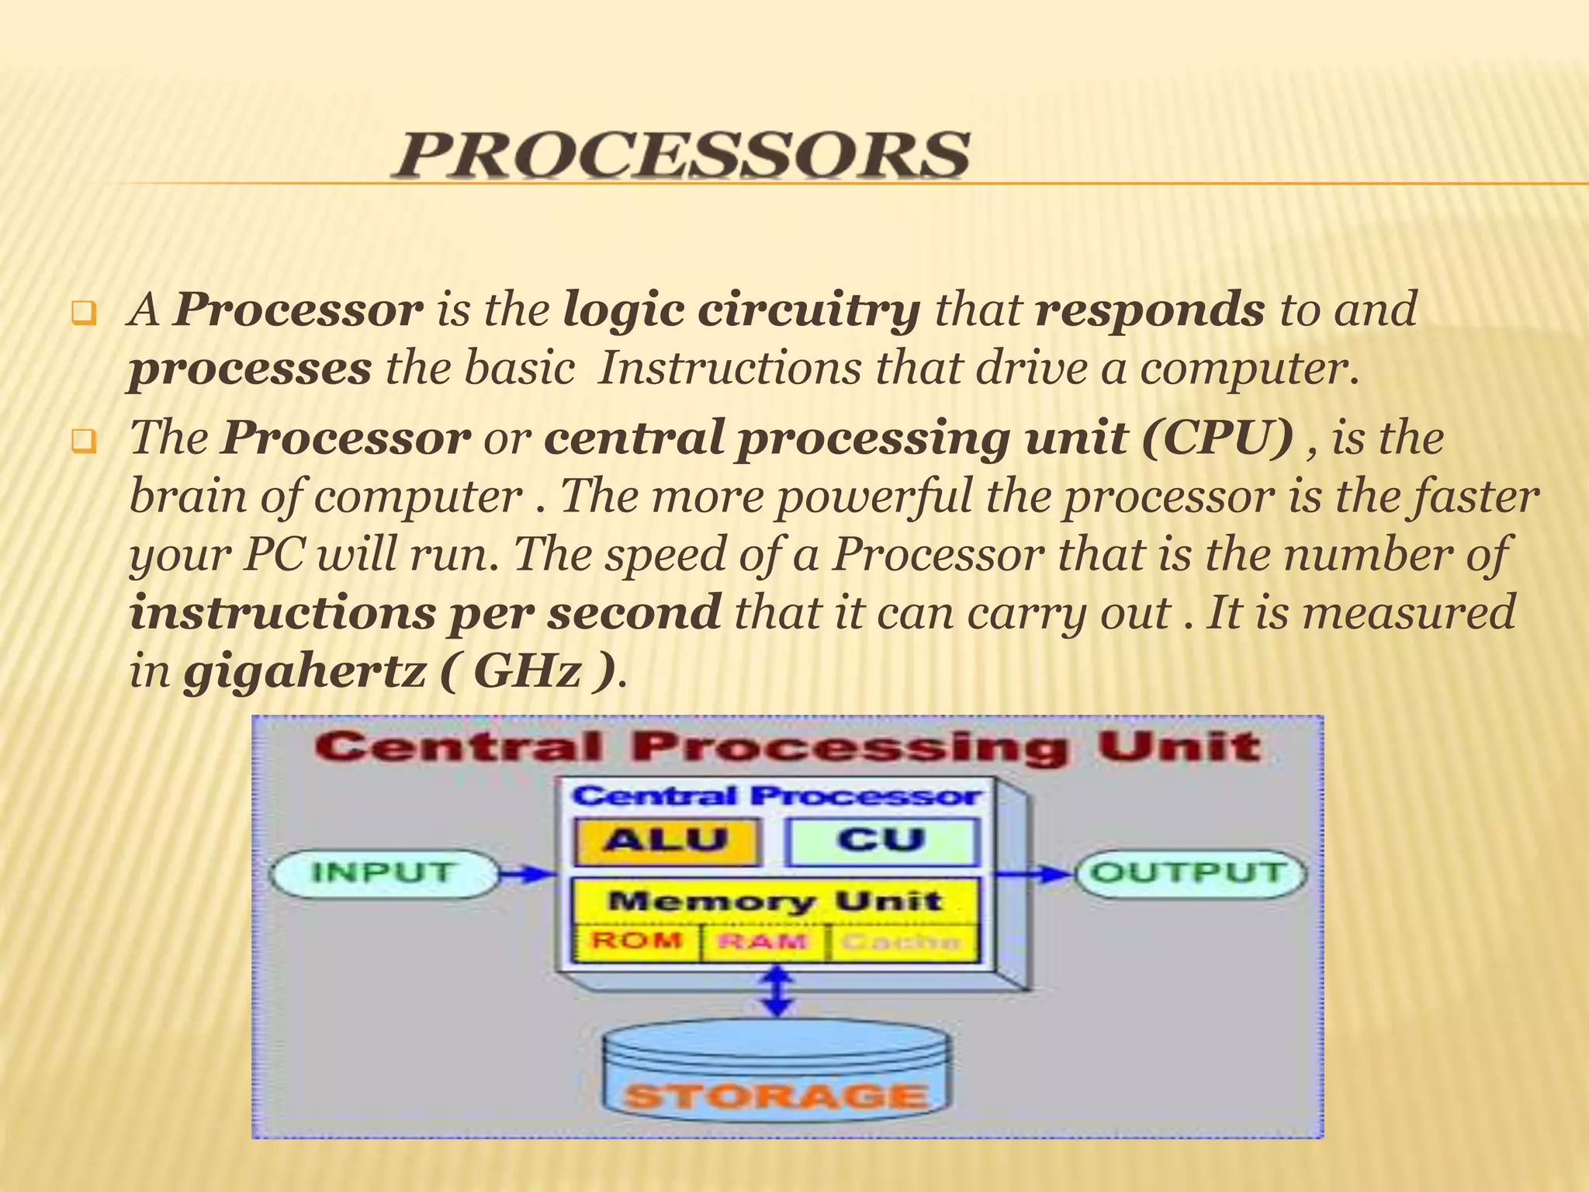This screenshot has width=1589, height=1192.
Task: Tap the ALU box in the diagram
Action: tap(666, 840)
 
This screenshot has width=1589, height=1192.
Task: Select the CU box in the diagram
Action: tap(881, 840)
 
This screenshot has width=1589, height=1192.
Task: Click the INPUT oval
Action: tap(382, 873)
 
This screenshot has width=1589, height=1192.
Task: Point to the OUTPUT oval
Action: tap(1189, 873)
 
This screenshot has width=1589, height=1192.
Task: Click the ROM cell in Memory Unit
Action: tap(636, 942)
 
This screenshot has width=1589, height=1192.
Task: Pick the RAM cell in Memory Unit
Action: tap(763, 942)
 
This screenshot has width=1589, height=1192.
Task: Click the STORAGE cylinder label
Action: tap(776, 1096)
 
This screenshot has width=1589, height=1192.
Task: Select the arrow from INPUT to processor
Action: tap(526, 875)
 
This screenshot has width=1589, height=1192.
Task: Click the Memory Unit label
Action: tap(774, 901)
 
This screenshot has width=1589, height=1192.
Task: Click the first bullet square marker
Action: tap(81, 315)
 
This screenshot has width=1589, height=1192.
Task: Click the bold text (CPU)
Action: tap(1217, 438)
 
